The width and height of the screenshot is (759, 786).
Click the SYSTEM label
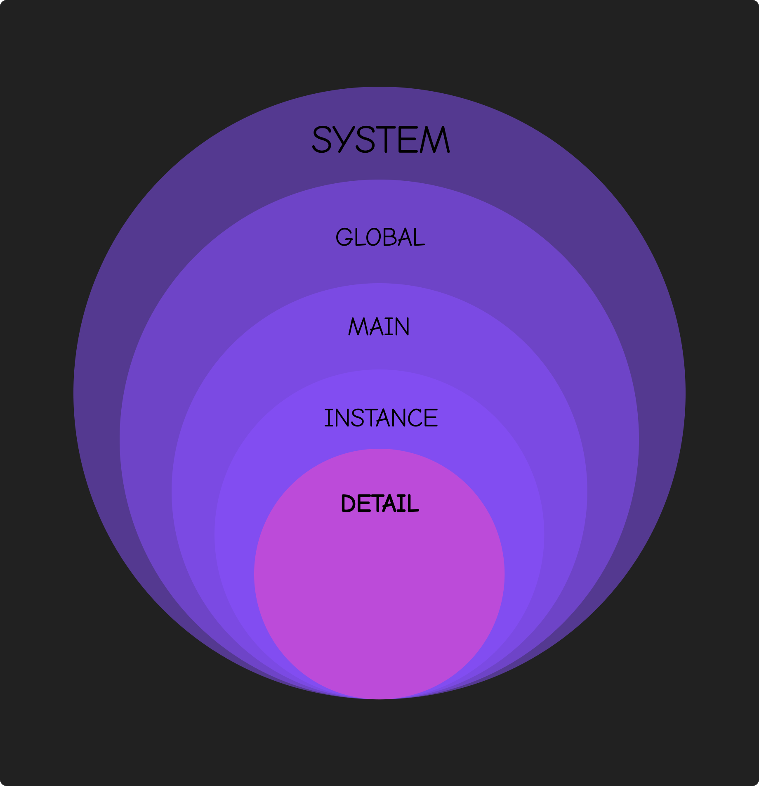point(380,140)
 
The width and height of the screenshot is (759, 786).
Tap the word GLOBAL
point(380,237)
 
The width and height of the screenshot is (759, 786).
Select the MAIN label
point(379,327)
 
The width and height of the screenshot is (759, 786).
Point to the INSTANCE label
point(381,417)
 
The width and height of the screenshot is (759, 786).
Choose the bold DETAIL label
point(380,503)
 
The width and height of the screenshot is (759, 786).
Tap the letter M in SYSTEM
point(435,140)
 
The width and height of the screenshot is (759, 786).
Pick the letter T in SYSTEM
point(388,140)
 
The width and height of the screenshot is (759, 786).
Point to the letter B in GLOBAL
point(390,237)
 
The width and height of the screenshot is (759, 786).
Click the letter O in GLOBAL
point(373,237)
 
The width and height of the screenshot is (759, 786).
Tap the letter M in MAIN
point(358,327)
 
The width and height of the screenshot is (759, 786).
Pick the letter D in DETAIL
point(349,503)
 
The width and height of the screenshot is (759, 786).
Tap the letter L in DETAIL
point(413,503)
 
